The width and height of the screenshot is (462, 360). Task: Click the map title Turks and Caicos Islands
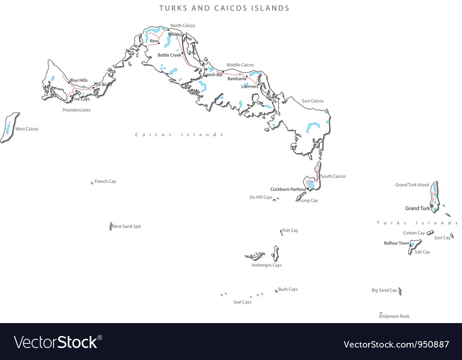[225, 8]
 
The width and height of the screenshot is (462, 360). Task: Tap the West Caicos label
[27, 129]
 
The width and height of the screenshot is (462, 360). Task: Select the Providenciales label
[76, 110]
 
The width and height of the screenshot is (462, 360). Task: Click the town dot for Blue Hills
[70, 83]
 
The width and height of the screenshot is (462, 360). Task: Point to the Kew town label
[153, 41]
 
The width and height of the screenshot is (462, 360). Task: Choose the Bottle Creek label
[169, 55]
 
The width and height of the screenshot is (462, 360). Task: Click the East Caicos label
[313, 101]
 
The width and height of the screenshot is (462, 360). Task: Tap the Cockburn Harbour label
[288, 190]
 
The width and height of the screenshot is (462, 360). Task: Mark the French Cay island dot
[92, 183]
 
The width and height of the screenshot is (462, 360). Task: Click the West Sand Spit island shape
[111, 226]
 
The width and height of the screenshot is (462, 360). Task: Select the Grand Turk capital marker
[432, 206]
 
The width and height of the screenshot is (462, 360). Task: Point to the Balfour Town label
[396, 243]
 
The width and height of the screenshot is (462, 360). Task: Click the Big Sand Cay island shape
[400, 291]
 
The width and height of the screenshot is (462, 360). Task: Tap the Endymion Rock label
[394, 317]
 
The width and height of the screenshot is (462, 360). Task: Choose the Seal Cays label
[242, 302]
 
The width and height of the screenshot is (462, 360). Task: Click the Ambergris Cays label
[266, 265]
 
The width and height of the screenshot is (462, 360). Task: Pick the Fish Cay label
[290, 231]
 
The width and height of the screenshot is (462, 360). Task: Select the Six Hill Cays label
[261, 198]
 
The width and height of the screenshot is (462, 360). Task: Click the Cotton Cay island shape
[430, 233]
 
